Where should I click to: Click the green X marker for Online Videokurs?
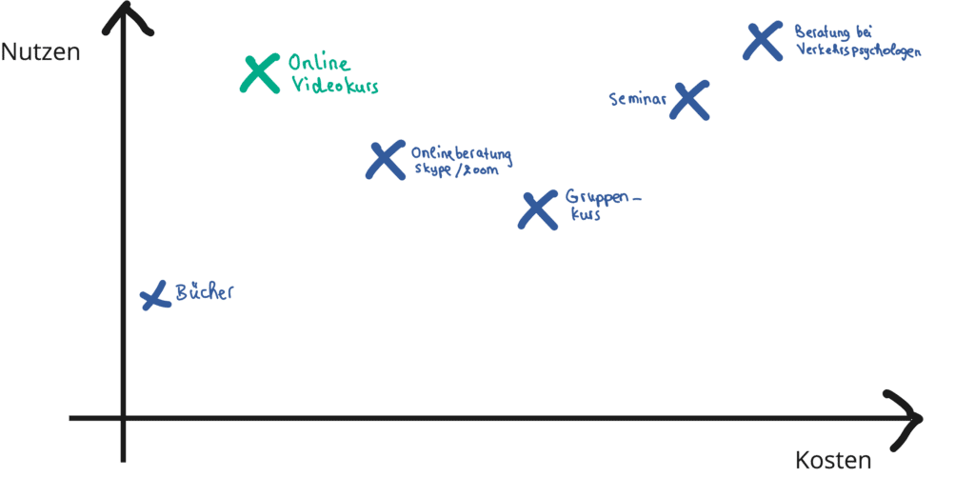coord(260,73)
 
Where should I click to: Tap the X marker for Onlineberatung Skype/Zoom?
coord(385,160)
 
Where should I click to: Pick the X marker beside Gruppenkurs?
coord(538,209)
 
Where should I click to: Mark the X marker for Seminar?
coord(689,99)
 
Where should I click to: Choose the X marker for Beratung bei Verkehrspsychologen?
coord(763,42)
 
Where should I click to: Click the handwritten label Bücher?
coord(204,292)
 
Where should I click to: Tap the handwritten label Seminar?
coord(636,98)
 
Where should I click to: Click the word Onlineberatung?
coord(460,154)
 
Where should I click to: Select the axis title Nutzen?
coord(40,52)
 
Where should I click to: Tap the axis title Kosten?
coord(833,462)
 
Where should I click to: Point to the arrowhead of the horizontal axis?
coord(912,416)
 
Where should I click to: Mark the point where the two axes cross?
coord(124,417)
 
